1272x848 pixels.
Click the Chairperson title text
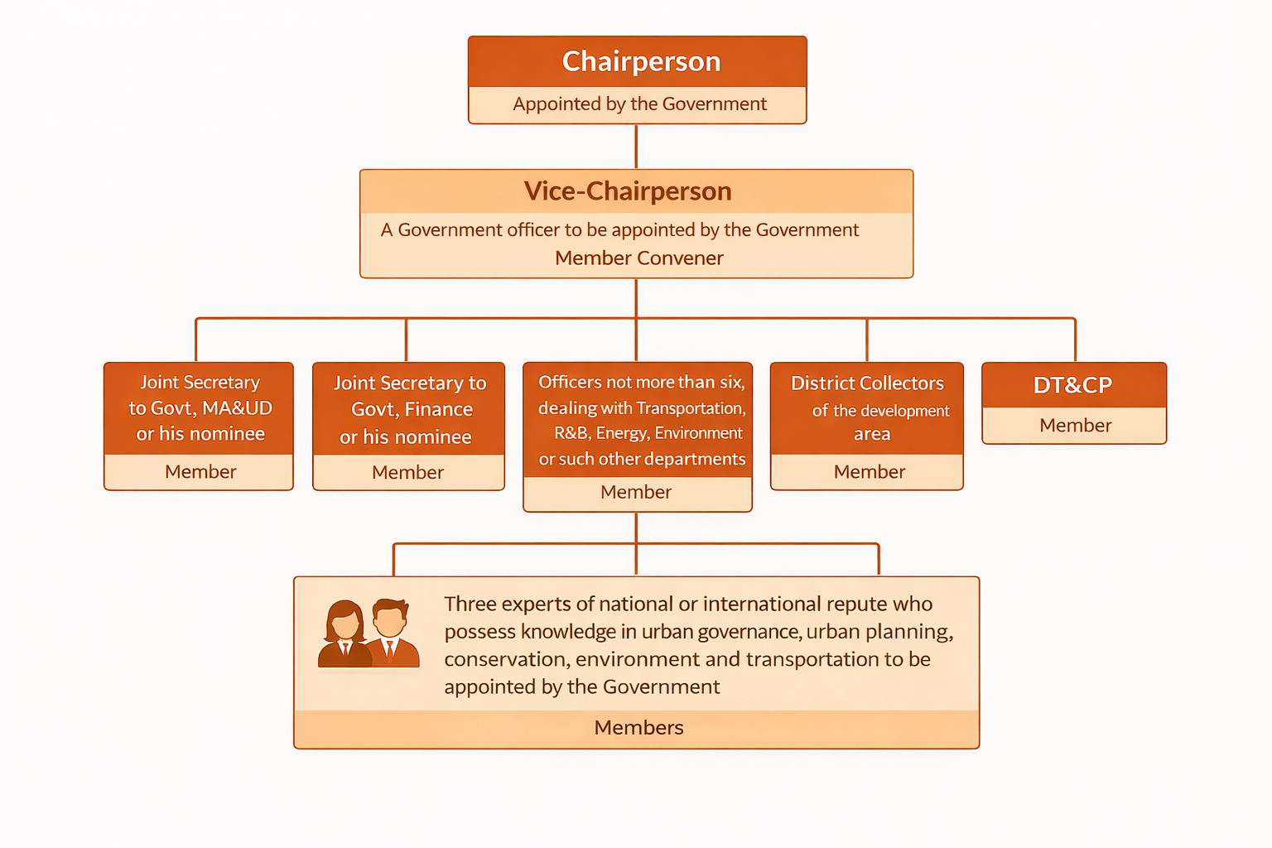641,61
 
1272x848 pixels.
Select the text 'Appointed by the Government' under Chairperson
639,104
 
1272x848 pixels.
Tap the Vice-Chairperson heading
628,191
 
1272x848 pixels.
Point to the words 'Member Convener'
639,258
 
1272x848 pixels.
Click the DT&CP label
1072,385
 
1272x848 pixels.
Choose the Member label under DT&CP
1075,426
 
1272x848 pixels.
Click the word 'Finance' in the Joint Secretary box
438,409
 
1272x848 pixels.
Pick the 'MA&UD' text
237,408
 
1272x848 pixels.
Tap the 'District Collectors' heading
867,383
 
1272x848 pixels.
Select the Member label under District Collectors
869,472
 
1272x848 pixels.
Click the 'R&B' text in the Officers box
571,433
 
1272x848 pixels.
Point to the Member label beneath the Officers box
636,493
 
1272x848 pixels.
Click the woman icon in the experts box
344,634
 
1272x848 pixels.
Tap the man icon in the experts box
392,633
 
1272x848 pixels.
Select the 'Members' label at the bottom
638,728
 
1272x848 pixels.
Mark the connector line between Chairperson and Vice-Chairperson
636,147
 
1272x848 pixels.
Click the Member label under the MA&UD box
200,472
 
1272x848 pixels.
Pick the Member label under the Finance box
407,473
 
